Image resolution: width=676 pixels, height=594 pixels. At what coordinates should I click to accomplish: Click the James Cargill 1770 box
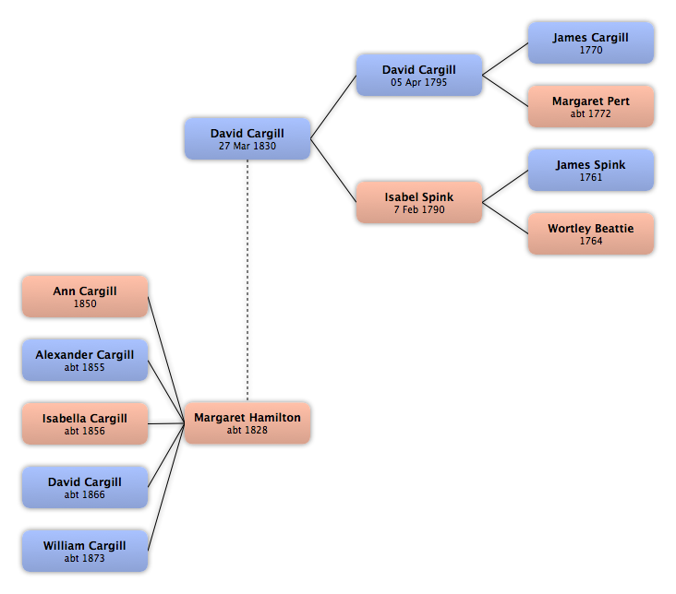pyautogui.click(x=591, y=43)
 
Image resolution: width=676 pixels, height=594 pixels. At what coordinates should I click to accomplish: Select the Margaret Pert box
pyautogui.click(x=591, y=106)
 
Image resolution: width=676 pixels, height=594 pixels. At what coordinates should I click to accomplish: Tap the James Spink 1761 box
pyautogui.click(x=591, y=170)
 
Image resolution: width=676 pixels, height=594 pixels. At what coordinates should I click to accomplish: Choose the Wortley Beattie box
pyautogui.click(x=591, y=233)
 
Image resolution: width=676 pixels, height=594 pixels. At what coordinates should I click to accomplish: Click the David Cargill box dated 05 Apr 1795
pyautogui.click(x=419, y=75)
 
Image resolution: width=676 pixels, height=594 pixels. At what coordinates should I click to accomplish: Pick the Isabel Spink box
pyautogui.click(x=419, y=202)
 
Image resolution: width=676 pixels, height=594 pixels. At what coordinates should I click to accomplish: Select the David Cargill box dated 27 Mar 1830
pyautogui.click(x=247, y=138)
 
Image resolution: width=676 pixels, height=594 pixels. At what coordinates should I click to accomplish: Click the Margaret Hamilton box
pyautogui.click(x=247, y=423)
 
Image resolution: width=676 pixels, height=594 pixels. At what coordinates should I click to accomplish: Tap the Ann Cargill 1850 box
pyautogui.click(x=85, y=296)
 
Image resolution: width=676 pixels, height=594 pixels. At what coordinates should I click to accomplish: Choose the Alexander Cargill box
pyautogui.click(x=85, y=360)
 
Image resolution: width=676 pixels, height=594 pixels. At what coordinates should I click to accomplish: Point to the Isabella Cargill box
pyautogui.click(x=85, y=423)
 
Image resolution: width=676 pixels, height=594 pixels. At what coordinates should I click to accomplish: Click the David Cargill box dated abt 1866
pyautogui.click(x=85, y=487)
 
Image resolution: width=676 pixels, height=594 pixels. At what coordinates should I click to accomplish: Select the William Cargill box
pyautogui.click(x=85, y=551)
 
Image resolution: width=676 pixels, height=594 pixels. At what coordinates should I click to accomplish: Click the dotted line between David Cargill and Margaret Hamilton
pyautogui.click(x=247, y=280)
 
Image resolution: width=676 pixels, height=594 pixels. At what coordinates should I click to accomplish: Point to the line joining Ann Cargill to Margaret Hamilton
pyautogui.click(x=166, y=360)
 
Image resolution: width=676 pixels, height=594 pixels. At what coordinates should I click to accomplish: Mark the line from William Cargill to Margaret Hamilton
pyautogui.click(x=166, y=487)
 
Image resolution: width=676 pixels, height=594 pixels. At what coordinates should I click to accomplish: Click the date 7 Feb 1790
pyautogui.click(x=419, y=209)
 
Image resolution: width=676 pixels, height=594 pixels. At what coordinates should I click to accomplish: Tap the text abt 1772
pyautogui.click(x=591, y=113)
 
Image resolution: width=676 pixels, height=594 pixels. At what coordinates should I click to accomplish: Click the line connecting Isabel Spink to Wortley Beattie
pyautogui.click(x=505, y=218)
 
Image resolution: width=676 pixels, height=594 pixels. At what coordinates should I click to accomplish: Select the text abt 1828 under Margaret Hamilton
pyautogui.click(x=247, y=430)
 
